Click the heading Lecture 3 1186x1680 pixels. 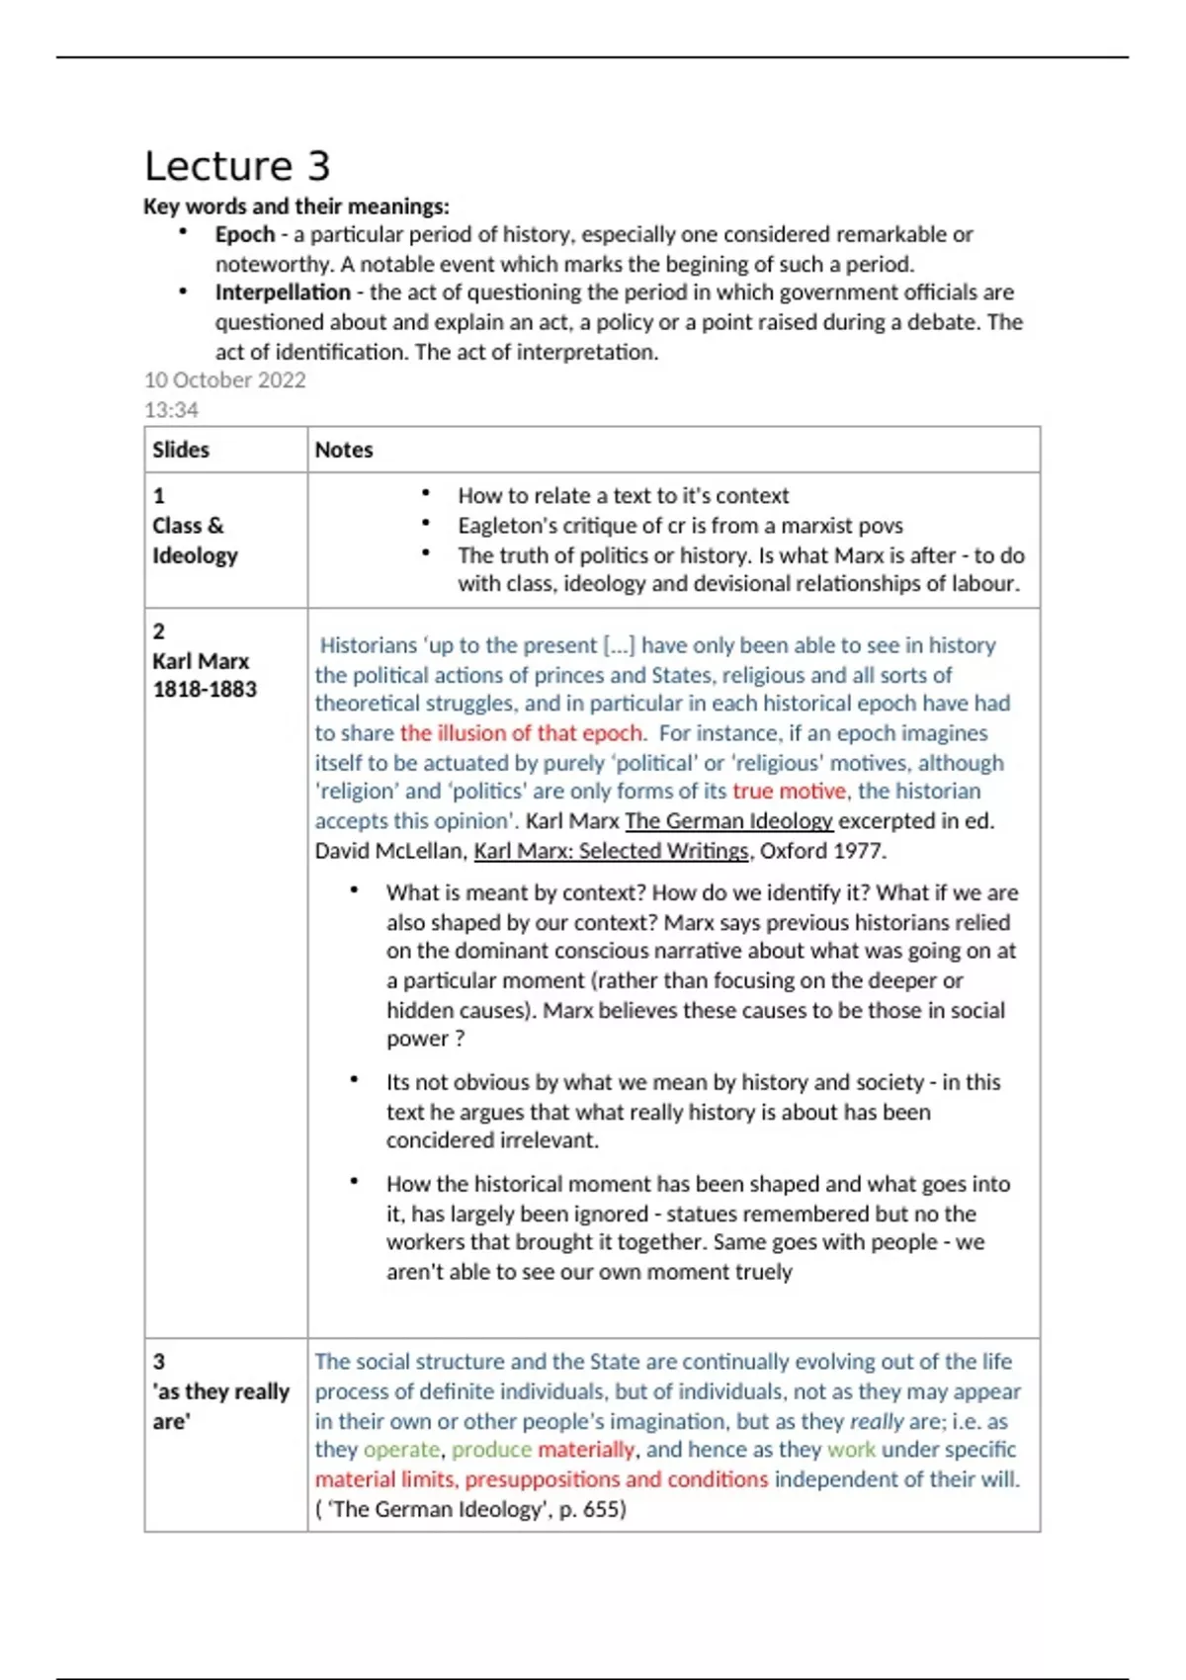237,166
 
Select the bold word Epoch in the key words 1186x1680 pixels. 245,234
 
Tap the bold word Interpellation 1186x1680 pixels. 283,293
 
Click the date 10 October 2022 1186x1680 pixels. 225,380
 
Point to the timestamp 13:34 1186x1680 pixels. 171,409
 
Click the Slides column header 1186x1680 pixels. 181,450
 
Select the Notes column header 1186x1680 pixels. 344,450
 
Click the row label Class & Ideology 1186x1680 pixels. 195,540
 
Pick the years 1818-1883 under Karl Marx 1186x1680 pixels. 205,689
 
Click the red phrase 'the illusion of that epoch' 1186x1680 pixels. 521,733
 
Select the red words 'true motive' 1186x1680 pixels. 789,791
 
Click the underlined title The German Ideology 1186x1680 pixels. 729,821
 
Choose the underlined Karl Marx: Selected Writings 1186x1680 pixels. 611,851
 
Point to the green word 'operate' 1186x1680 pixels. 401,1450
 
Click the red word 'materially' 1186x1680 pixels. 586,1450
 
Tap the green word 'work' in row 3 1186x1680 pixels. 851,1450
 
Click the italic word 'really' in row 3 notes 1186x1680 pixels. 877,1421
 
